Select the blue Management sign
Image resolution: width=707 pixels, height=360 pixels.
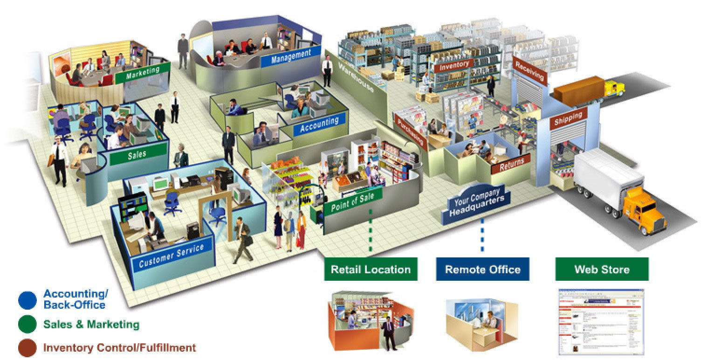pos(290,56)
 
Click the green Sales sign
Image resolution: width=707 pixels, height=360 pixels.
pos(137,154)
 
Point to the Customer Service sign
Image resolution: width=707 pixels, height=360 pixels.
pos(171,256)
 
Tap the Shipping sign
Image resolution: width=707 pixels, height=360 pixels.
pos(568,119)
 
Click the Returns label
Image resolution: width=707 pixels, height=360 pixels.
pos(512,164)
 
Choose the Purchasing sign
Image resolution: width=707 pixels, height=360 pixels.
pos(411,132)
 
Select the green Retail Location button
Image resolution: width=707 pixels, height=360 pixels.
pos(371,270)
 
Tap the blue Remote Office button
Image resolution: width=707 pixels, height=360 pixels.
pos(482,270)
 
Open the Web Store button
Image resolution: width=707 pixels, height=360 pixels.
pos(602,270)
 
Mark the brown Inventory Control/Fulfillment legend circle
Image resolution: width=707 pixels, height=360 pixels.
pos(27,347)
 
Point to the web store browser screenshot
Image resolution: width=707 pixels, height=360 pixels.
pos(601,322)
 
